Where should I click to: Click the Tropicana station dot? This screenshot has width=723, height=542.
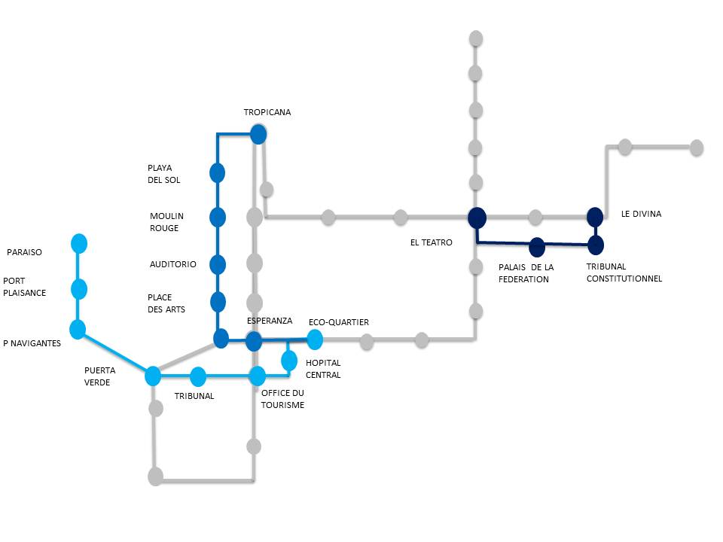(258, 135)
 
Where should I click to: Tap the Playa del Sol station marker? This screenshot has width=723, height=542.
(218, 173)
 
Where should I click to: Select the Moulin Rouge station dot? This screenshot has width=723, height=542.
(218, 218)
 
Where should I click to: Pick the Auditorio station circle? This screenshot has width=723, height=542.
(218, 264)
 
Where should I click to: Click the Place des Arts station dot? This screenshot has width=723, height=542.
(218, 302)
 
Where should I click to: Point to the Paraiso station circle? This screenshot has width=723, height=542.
(79, 243)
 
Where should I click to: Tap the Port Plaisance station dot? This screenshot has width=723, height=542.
(79, 288)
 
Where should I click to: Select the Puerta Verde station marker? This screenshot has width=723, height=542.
(153, 375)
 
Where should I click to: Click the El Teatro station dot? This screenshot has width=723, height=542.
(476, 218)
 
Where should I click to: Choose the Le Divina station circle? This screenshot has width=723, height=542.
(595, 217)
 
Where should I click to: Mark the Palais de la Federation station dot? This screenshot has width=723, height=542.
(537, 246)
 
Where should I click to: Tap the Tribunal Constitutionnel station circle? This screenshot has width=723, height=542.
(596, 245)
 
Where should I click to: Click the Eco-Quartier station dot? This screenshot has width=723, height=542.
(315, 340)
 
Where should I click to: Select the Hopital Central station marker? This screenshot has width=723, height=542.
(289, 361)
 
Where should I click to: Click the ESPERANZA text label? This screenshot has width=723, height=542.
(270, 321)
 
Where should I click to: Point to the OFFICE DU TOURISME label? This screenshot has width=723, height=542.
(282, 398)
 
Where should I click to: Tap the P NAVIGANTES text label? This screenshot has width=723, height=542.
(32, 343)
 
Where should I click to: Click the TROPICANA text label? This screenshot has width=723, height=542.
(267, 112)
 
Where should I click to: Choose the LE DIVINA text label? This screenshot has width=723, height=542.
(641, 214)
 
